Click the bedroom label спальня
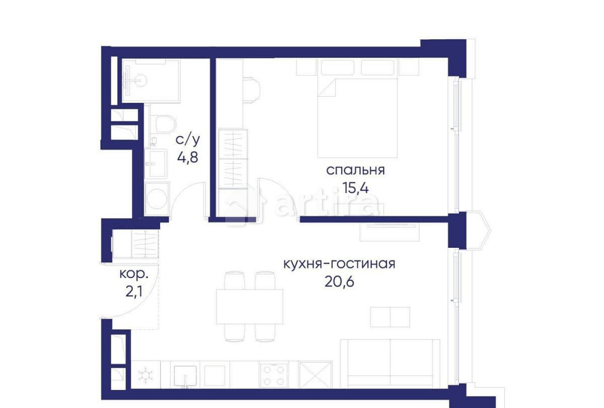click(x=355, y=170)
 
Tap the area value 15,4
click(x=355, y=187)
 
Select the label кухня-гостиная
click(x=339, y=264)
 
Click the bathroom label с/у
click(x=187, y=140)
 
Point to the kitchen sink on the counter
click(x=185, y=374)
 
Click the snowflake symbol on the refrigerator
click(x=145, y=375)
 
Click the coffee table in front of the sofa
click(x=390, y=317)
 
